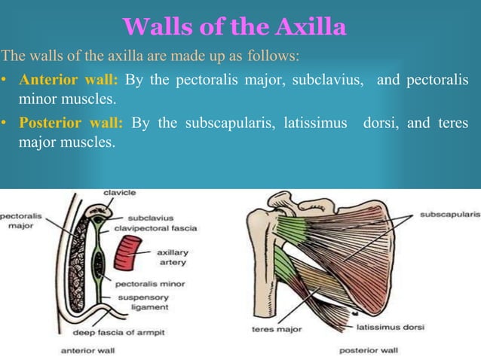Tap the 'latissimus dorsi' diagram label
coord(389,328)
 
